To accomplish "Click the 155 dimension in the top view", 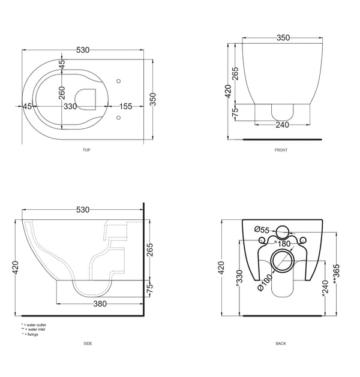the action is pos(125,106).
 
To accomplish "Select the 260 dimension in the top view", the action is pos(62,93).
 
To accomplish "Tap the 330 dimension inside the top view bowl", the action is pos(70,106).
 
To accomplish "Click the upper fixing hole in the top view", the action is pos(118,82).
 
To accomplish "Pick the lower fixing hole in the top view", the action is pos(118,117).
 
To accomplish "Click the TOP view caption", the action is pos(86,150).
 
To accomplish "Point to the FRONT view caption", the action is pos(281,150).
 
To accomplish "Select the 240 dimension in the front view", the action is pos(282,125).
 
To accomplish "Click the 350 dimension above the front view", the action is pos(283,38).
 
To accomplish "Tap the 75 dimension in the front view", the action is pos(235,112).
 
